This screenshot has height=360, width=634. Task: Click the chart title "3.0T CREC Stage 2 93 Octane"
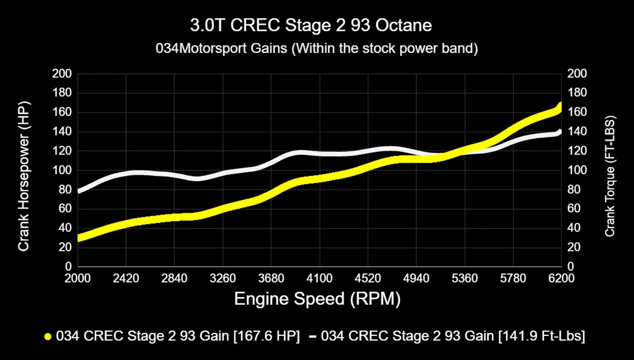(311, 25)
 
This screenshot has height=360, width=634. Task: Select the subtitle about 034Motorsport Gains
(317, 48)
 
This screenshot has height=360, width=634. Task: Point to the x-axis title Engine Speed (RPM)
(317, 299)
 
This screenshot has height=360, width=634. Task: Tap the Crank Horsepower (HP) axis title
(24, 176)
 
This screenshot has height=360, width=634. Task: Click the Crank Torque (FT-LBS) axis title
(610, 176)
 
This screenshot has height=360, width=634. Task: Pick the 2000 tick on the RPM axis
(78, 278)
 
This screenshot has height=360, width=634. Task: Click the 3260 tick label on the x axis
(223, 278)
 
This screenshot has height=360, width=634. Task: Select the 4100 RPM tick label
(319, 278)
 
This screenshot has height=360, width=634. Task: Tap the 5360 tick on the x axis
(464, 278)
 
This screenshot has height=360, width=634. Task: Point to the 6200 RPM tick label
(561, 278)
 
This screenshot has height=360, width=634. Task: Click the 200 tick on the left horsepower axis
(62, 74)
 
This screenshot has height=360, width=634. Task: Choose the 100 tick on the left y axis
(62, 170)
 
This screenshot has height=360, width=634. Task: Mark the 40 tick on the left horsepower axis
(65, 228)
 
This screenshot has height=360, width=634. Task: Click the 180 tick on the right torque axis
(577, 93)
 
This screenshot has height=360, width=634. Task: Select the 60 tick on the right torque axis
(574, 209)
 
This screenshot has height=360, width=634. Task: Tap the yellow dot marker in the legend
(48, 337)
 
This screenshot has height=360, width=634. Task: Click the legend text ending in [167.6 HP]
(178, 336)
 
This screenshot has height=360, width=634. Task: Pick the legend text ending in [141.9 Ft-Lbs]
(453, 336)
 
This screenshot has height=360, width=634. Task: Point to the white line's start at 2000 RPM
(79, 191)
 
